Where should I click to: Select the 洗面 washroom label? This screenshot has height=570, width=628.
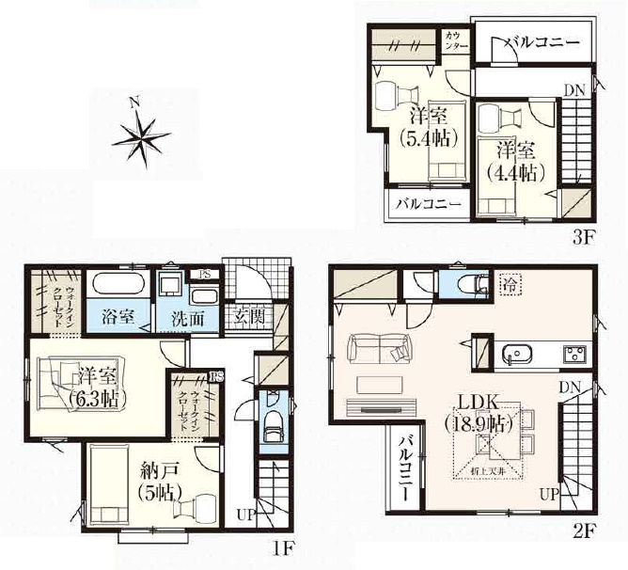point(187,319)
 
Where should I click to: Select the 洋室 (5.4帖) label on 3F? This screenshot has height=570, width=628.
point(428,128)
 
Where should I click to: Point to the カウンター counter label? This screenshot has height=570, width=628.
point(456,42)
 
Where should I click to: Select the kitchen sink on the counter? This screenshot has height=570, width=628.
point(517,354)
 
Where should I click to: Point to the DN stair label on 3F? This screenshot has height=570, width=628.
point(574,90)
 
